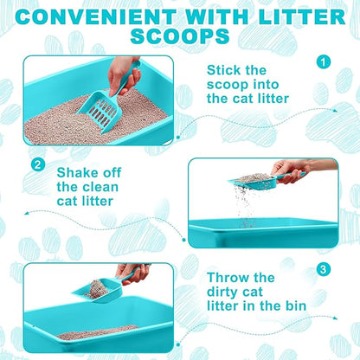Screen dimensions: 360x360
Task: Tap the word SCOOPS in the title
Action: tap(180, 36)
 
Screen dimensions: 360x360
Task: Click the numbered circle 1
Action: tap(323, 61)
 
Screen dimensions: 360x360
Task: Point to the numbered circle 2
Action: tap(36, 164)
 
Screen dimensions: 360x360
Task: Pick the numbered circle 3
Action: tap(323, 269)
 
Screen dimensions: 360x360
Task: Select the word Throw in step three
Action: tap(228, 279)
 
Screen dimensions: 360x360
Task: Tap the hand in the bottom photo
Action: tap(133, 272)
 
